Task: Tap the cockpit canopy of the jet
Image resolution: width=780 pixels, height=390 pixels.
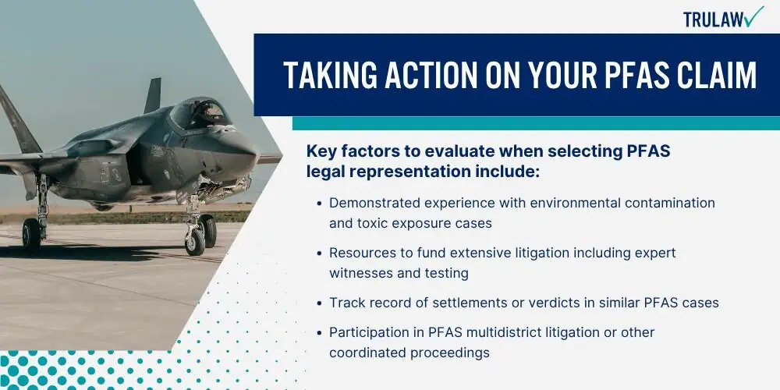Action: click(x=200, y=112)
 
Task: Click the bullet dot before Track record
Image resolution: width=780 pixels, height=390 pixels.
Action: click(x=319, y=303)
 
